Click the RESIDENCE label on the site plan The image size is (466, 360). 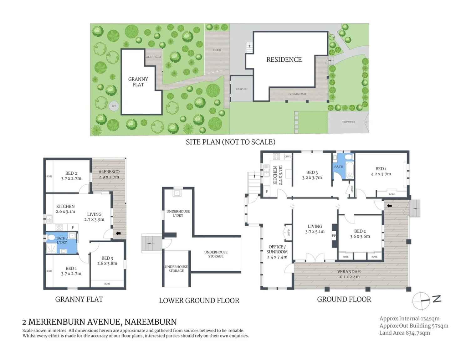click(x=284, y=59)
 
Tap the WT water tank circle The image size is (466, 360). click(x=114, y=106)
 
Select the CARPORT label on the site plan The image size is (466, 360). click(x=242, y=89)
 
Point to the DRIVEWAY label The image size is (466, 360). click(x=348, y=122)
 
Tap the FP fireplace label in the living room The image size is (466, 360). click(x=334, y=236)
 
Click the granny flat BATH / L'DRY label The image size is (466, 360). click(x=62, y=240)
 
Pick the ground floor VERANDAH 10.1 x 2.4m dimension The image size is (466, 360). click(x=349, y=277)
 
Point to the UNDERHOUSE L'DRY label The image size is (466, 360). click(x=178, y=213)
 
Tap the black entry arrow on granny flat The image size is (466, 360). click(x=118, y=233)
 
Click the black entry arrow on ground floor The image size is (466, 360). click(x=389, y=206)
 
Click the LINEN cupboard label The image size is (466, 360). click(x=352, y=189)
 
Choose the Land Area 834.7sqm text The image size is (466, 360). click(x=404, y=333)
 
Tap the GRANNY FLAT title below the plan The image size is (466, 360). click(x=79, y=299)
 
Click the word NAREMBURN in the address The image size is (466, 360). click(x=151, y=322)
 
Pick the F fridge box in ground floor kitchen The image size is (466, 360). click(x=267, y=191)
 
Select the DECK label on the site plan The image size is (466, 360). click(x=217, y=50)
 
